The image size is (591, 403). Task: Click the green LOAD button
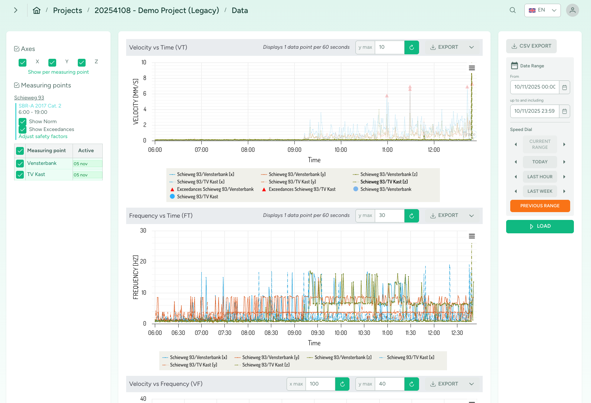(540, 226)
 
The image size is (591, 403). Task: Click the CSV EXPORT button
(531, 46)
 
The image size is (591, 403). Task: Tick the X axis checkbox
(23, 63)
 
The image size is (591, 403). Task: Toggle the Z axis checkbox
(82, 63)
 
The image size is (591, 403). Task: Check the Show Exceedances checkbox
(23, 129)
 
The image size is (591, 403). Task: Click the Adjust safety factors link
(43, 137)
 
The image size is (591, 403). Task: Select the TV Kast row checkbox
(20, 175)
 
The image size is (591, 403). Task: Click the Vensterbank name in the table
(42, 163)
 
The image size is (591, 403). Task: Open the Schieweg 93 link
(29, 97)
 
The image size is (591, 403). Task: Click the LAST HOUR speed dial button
(540, 177)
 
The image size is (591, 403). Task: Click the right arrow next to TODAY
(564, 162)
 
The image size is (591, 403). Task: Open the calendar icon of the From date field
(564, 87)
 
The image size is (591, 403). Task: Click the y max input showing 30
(389, 215)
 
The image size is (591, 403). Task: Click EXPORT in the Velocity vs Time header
(444, 47)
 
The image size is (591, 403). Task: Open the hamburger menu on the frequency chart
(472, 236)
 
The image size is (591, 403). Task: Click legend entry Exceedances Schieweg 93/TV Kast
(302, 189)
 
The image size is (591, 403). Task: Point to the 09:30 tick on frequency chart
(317, 333)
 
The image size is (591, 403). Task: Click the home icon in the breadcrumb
(36, 10)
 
